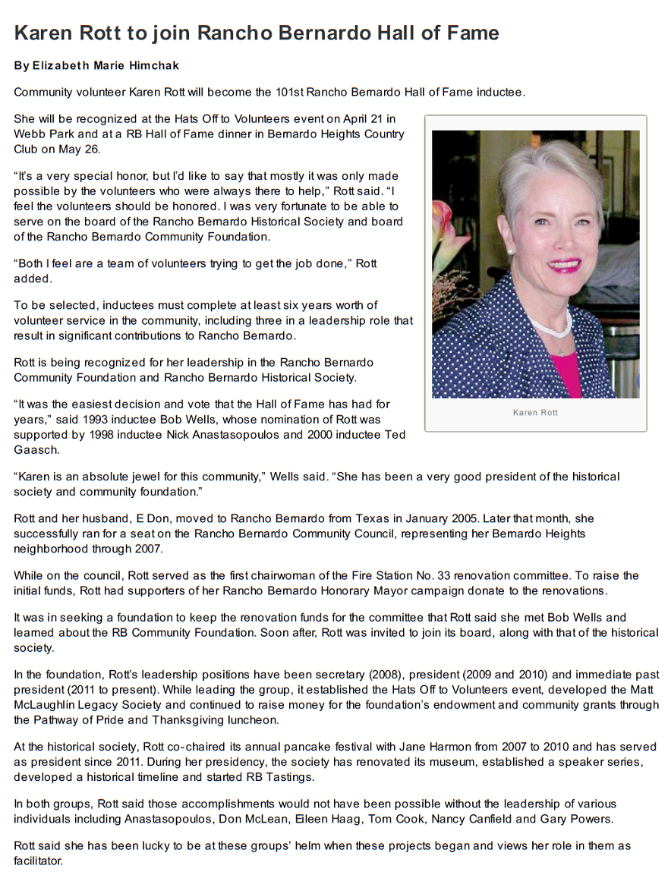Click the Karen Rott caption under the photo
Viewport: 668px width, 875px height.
tap(535, 412)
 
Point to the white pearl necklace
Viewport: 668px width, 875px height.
tap(553, 326)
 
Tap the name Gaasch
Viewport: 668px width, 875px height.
tap(33, 449)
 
